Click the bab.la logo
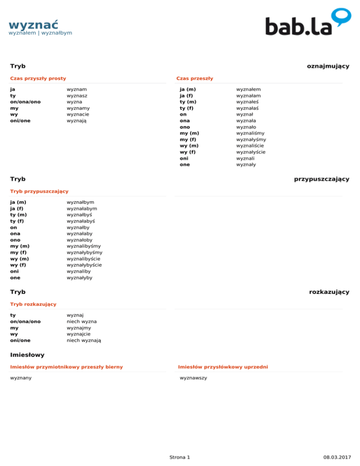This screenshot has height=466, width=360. [307, 23]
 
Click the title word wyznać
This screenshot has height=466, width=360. [33, 24]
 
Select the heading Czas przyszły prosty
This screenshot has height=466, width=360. [38, 78]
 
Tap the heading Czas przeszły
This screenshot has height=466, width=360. [195, 78]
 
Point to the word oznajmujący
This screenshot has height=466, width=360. [328, 66]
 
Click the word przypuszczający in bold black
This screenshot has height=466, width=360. [321, 179]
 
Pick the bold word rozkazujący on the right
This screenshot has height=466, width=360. [329, 292]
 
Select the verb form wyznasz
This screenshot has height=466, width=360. [77, 95]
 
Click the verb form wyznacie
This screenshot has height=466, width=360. [78, 114]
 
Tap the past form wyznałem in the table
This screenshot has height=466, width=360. [248, 89]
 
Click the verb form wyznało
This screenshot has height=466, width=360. [246, 127]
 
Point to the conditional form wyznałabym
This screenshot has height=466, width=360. [82, 208]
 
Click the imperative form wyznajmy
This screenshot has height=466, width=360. [79, 328]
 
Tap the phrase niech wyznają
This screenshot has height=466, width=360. [84, 340]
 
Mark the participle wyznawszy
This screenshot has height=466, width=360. [194, 378]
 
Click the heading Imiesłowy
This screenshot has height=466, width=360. [27, 355]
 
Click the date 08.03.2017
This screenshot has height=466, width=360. [337, 457]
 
